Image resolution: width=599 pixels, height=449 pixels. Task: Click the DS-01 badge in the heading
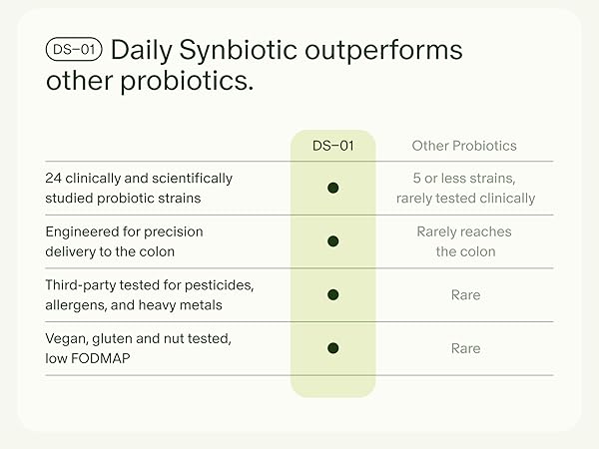coord(75,51)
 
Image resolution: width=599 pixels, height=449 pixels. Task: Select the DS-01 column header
coord(332,146)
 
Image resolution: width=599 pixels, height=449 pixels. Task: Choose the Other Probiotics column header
coord(464,146)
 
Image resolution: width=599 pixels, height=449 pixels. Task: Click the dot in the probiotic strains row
coord(333,188)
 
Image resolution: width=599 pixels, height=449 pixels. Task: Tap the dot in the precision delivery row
coord(333,241)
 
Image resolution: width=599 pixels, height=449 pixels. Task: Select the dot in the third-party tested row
coord(333,294)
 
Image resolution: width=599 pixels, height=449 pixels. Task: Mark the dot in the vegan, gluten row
coord(333,348)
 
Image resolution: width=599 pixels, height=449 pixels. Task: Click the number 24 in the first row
coord(54,179)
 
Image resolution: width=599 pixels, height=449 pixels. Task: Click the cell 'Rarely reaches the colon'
coord(464,241)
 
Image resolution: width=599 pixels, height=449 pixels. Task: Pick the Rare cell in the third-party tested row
coord(465,294)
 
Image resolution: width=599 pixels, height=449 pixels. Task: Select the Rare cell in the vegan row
coord(465,348)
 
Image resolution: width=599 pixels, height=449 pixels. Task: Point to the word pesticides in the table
coord(219,285)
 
